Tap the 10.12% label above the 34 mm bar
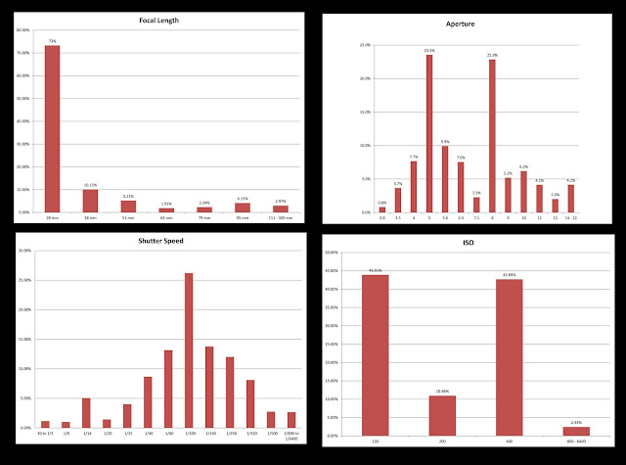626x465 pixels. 90,184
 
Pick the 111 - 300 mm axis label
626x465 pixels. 281,219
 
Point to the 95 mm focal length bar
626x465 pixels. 243,208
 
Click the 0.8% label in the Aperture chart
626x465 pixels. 381,203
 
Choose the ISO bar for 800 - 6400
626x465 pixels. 577,431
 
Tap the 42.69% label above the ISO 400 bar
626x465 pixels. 509,275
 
